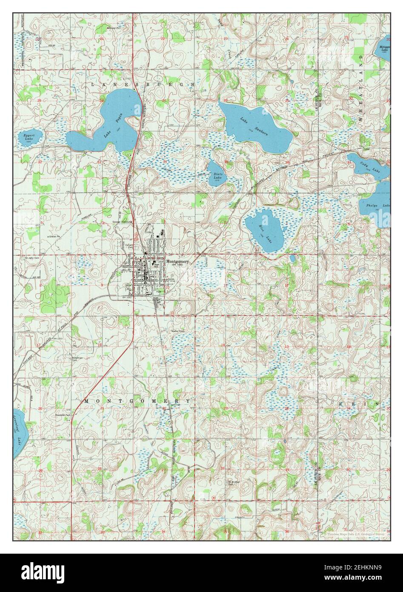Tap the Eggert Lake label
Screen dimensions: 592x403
pos(29,137)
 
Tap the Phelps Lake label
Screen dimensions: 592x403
pos(380,206)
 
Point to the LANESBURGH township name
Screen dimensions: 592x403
pos(143,85)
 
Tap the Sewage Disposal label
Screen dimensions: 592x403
pos(122,221)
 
